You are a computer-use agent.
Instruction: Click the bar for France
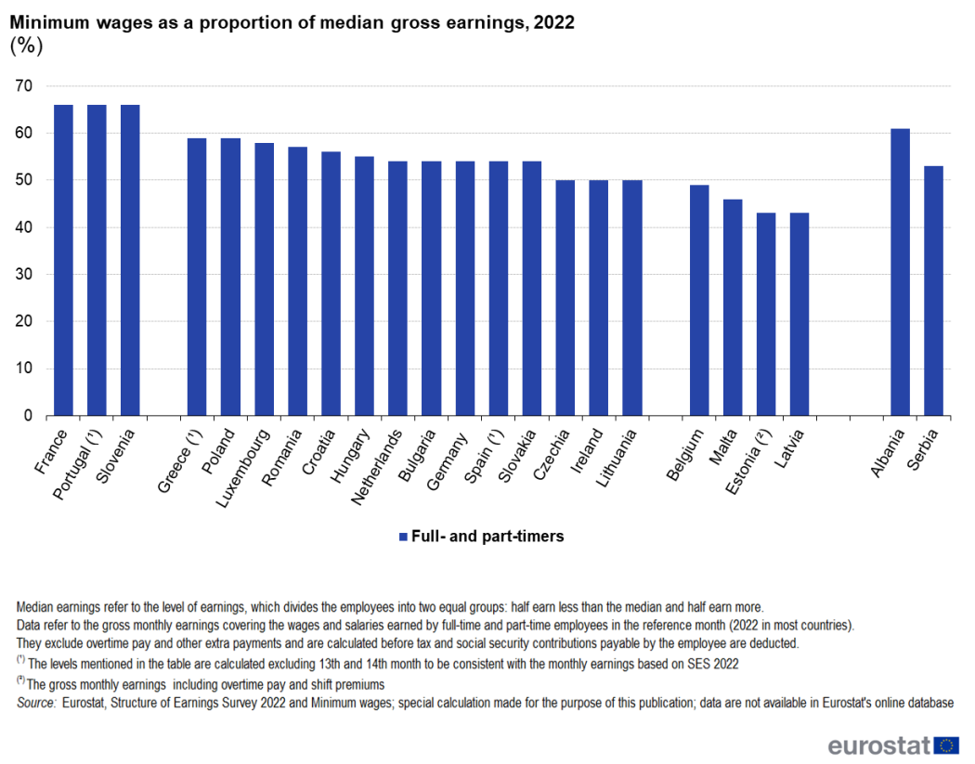tap(63, 260)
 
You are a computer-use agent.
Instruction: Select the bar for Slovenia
tap(130, 260)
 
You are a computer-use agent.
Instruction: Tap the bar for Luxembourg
tap(264, 278)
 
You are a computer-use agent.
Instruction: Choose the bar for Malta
tap(733, 307)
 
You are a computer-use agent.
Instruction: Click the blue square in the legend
tap(402, 537)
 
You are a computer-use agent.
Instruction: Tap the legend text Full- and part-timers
tap(487, 537)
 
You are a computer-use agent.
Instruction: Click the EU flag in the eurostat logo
tap(947, 745)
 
